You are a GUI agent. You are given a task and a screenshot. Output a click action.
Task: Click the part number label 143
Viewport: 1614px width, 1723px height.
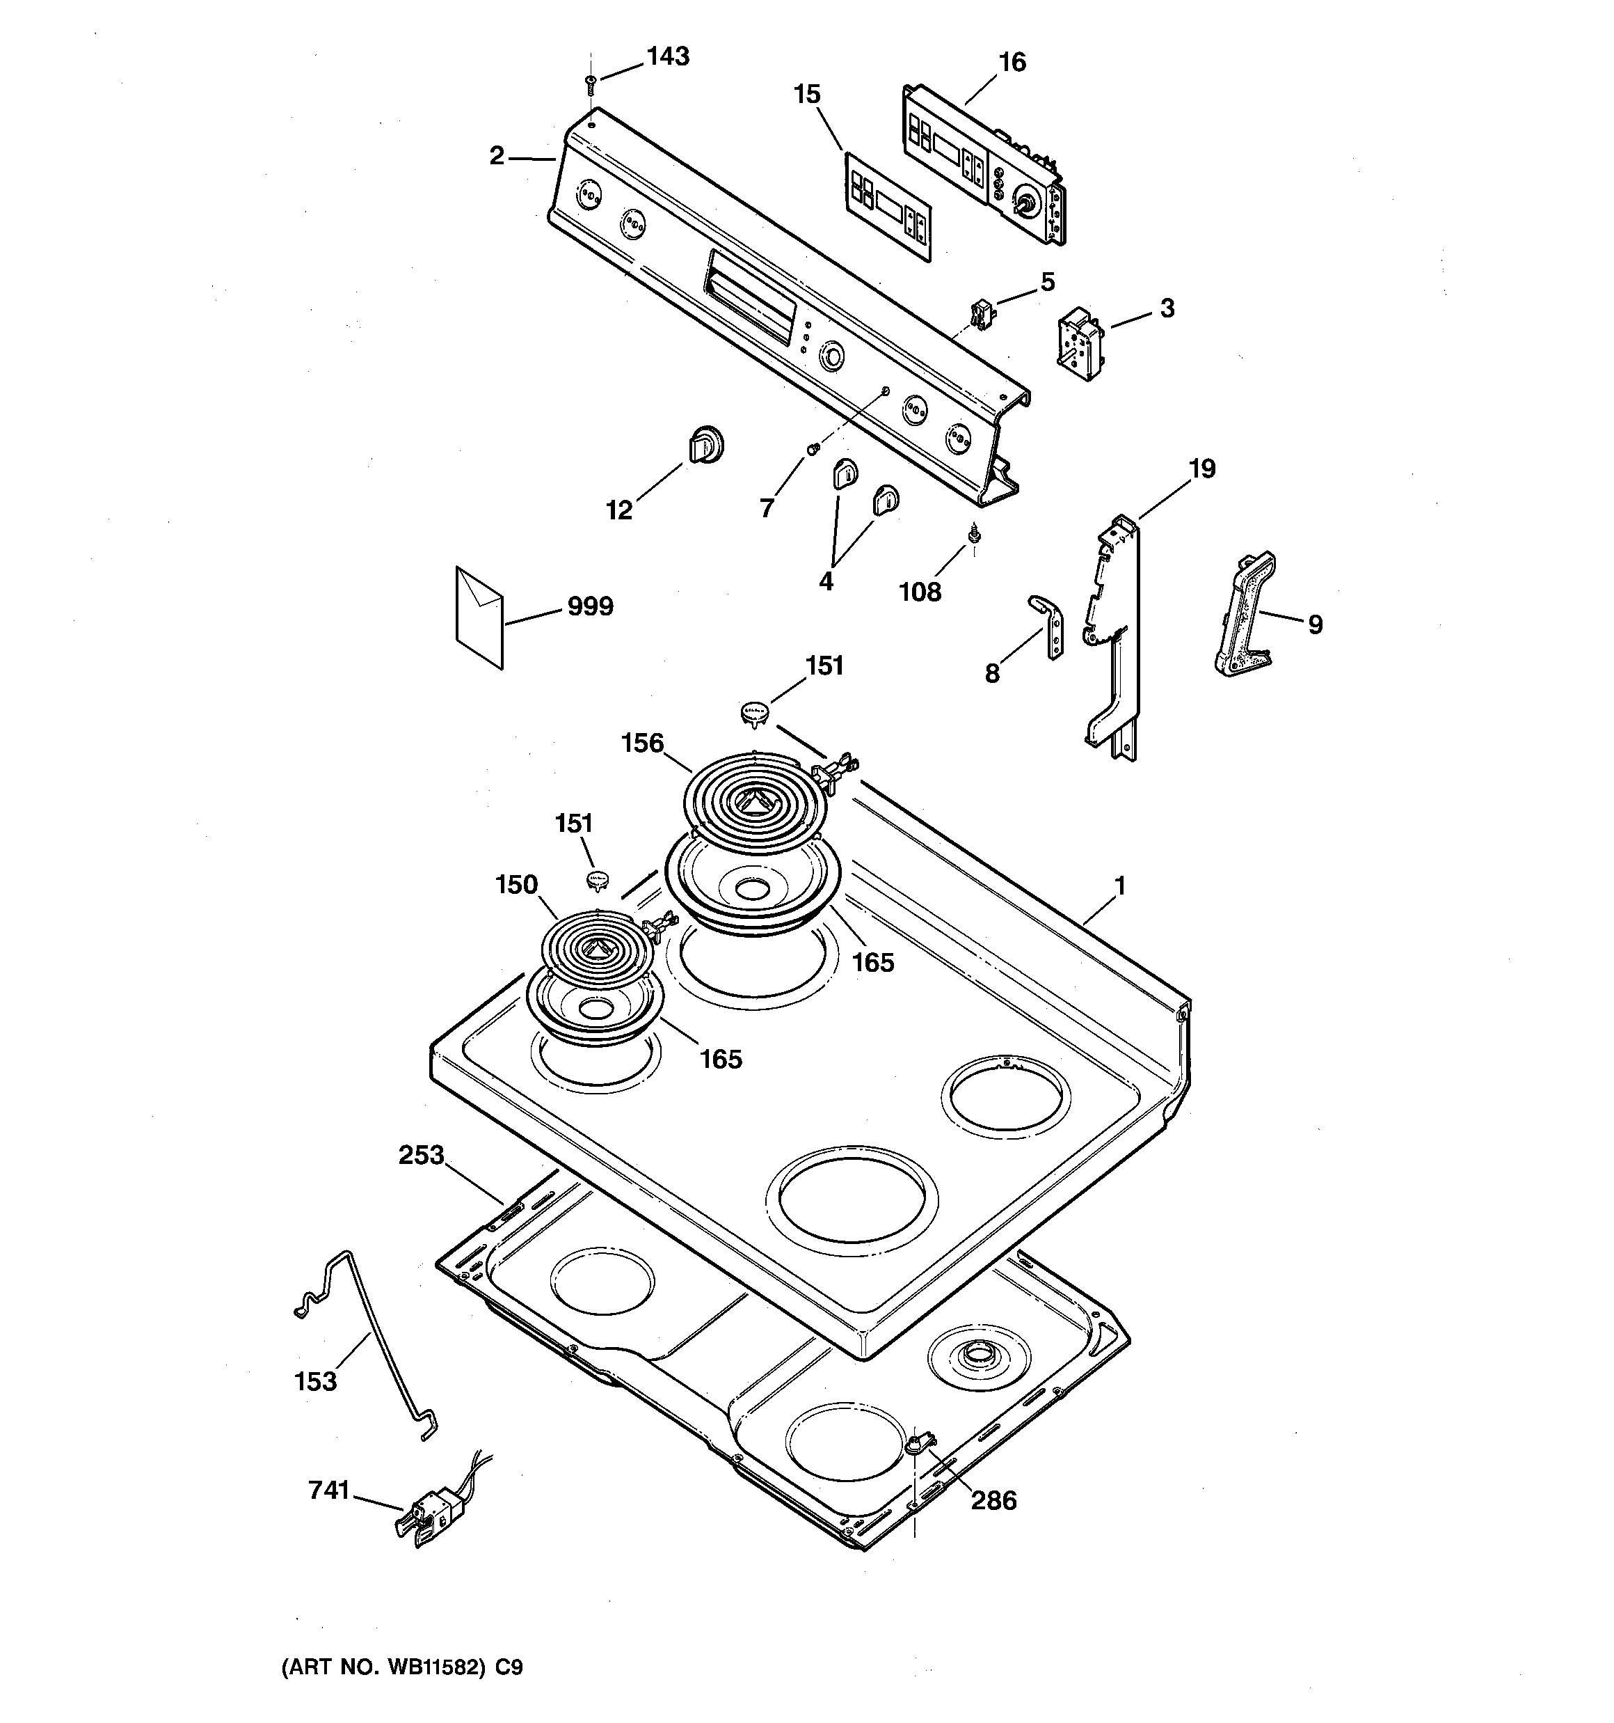(x=668, y=56)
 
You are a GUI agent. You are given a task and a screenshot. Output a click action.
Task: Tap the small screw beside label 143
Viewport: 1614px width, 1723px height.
(x=591, y=84)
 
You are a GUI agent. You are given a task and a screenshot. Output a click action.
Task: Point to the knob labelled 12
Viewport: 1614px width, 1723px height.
(x=706, y=446)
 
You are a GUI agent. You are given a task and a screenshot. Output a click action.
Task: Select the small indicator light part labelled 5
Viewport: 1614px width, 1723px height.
(x=981, y=314)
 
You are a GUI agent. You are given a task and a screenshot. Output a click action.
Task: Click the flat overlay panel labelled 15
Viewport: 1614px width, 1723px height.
(x=888, y=206)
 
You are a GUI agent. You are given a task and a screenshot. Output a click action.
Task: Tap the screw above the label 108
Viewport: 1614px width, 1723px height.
(x=974, y=535)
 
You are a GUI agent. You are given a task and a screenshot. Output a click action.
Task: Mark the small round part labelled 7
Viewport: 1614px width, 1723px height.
(x=813, y=448)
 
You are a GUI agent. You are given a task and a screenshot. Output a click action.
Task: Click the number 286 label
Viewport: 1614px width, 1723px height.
(x=993, y=1525)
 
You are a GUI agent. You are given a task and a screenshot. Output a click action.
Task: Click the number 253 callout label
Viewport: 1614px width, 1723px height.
(x=421, y=1156)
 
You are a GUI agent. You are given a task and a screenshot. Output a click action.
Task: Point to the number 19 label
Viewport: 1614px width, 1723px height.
(x=1201, y=469)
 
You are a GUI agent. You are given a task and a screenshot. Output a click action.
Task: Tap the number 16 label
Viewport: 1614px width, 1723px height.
(x=1012, y=63)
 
